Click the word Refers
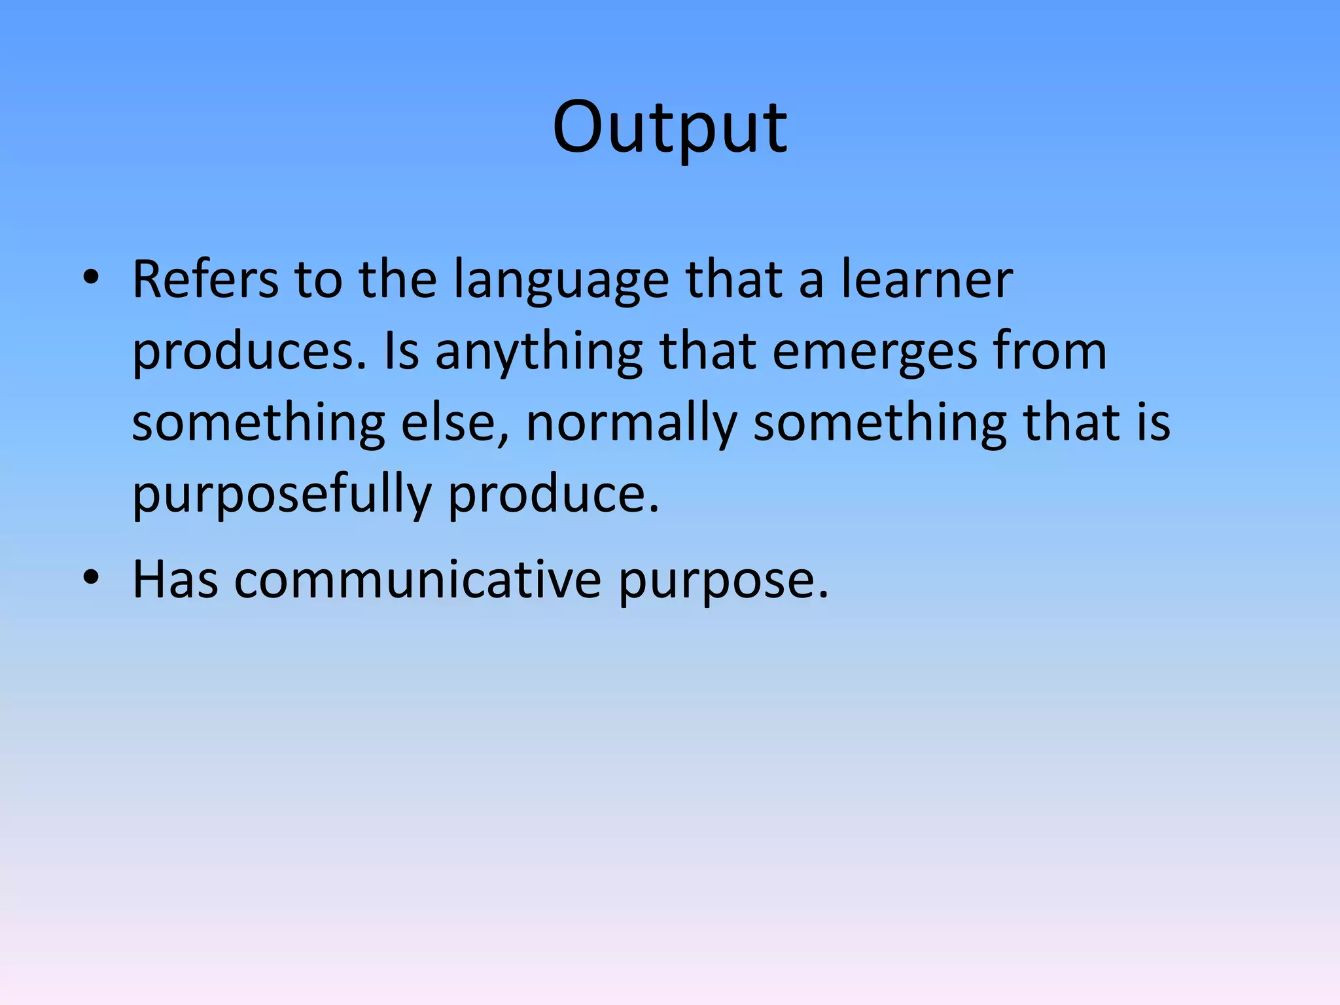(x=205, y=280)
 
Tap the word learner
(x=926, y=280)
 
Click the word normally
(x=631, y=424)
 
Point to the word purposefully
(x=281, y=495)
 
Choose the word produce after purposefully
(x=553, y=495)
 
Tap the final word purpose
(x=723, y=581)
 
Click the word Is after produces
(x=401, y=351)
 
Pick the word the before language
(x=398, y=280)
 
